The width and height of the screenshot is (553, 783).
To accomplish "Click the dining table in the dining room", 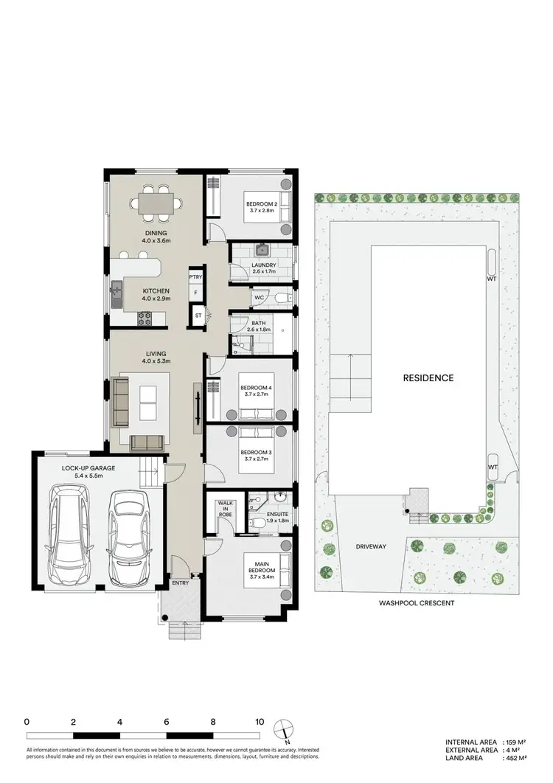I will (156, 200).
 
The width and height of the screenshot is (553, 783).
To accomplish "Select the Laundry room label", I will (263, 265).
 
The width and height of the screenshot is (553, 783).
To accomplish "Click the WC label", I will (259, 298).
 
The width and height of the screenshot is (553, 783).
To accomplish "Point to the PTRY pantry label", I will (195, 276).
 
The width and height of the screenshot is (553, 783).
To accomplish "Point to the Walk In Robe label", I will (225, 510).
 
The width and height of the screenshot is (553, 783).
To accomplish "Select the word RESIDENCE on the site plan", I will (428, 377).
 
